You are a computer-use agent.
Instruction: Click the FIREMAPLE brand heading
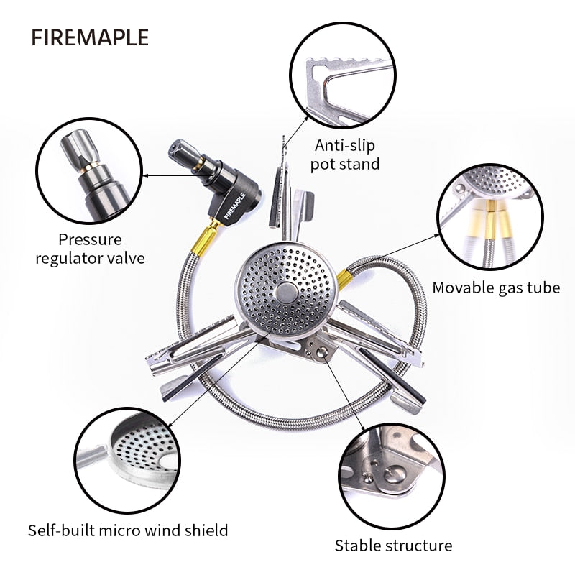(x=90, y=37)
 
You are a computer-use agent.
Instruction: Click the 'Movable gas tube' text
(x=496, y=287)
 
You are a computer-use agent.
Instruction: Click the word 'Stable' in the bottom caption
(x=358, y=545)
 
